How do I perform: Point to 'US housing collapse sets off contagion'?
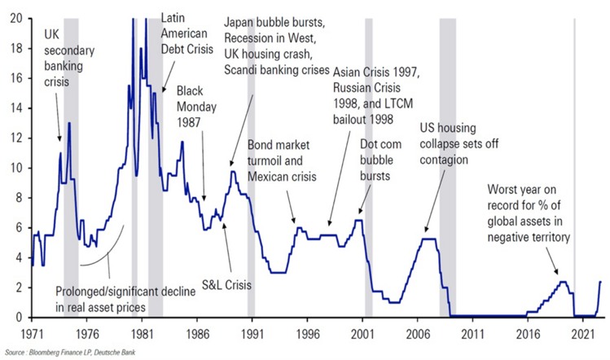459,143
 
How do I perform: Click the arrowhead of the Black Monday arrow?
204,200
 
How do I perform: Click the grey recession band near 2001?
368,163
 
